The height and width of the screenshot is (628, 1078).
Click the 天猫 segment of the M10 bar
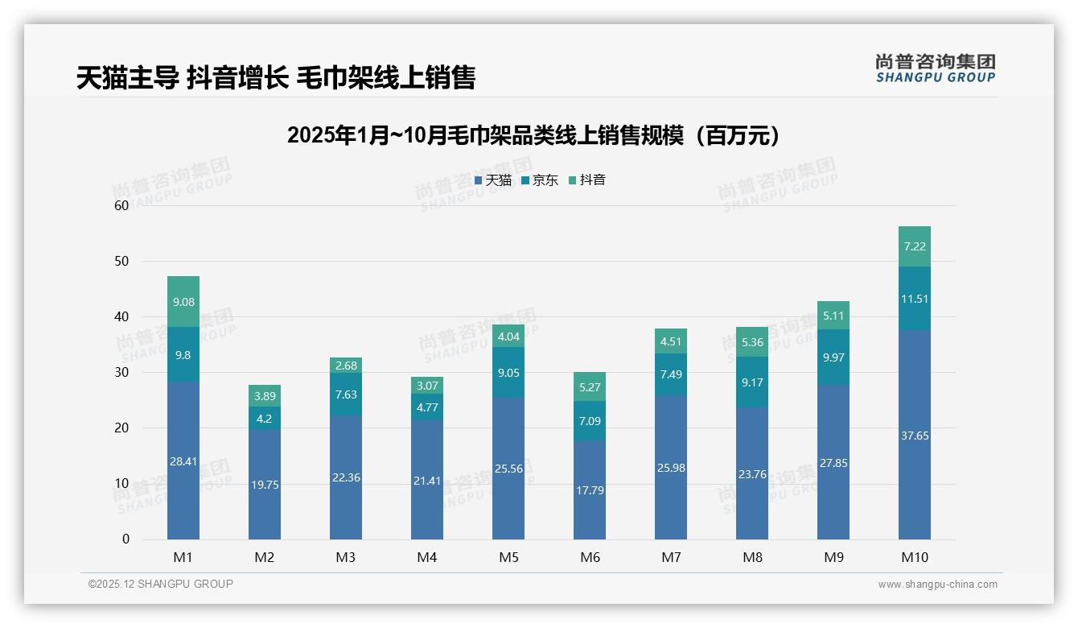click(914, 435)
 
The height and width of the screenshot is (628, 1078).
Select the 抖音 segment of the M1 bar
click(183, 301)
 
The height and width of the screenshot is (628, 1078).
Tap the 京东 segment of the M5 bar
click(508, 373)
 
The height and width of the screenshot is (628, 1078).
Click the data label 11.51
click(914, 299)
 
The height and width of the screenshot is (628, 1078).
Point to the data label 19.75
click(265, 485)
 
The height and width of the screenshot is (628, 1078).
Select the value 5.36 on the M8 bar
click(752, 342)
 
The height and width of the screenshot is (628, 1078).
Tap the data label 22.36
click(346, 477)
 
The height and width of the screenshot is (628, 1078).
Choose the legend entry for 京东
click(540, 180)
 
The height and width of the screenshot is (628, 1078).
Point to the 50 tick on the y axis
click(121, 261)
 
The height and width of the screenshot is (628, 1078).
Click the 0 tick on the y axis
click(125, 539)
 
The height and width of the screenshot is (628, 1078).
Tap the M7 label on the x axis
click(671, 557)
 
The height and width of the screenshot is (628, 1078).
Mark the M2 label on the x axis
click(265, 557)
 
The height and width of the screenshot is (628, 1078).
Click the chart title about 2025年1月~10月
click(533, 135)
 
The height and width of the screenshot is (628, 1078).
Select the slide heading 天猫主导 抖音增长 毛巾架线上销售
click(276, 77)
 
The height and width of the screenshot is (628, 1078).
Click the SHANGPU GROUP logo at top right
click(935, 68)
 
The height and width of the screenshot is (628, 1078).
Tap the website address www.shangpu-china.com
click(937, 585)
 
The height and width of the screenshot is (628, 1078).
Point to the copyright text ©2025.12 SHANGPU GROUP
click(161, 585)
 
